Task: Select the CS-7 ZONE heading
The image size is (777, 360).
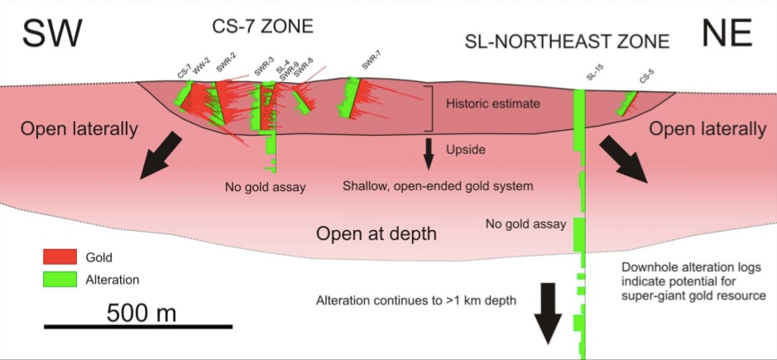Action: (x=260, y=26)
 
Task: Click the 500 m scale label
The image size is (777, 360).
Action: (x=141, y=313)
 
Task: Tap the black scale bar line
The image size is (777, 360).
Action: (x=141, y=328)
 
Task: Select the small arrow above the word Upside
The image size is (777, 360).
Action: (x=429, y=151)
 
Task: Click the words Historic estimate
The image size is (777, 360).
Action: (x=492, y=104)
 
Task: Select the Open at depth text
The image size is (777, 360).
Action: (x=377, y=234)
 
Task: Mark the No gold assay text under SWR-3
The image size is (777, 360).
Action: (x=266, y=187)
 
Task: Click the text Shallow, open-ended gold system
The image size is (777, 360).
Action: (x=438, y=186)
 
